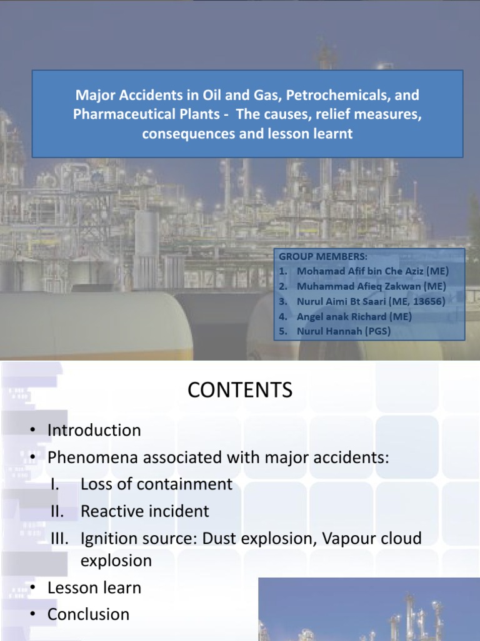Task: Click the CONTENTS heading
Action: click(x=240, y=391)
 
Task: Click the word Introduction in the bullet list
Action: click(x=94, y=431)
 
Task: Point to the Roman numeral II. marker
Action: click(x=58, y=511)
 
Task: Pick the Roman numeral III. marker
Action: click(x=61, y=538)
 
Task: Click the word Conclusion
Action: click(x=89, y=615)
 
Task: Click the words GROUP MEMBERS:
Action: click(x=323, y=256)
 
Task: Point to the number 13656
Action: click(x=428, y=301)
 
